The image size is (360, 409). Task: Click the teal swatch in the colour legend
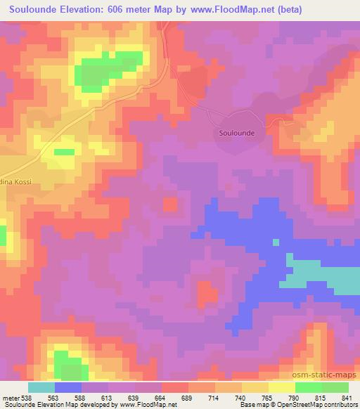point(41,387)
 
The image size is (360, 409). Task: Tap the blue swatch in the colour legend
point(68,387)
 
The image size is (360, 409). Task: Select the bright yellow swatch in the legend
point(281,387)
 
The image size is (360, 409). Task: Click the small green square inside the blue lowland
point(276,243)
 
